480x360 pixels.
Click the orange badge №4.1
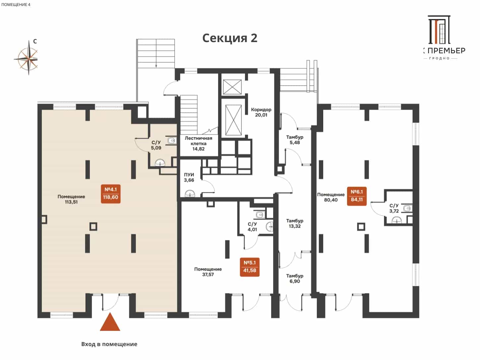pos(111,194)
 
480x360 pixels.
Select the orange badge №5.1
pos(250,267)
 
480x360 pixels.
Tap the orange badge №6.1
pos(357,196)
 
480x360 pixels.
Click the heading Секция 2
pos(230,38)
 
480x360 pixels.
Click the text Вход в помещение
pos(109,344)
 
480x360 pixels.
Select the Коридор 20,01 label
pos(261,112)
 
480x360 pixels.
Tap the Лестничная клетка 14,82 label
pos(198,144)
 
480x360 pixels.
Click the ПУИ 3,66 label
pos(189,177)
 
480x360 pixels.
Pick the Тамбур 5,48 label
pos(295,140)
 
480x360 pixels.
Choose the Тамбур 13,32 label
pos(295,223)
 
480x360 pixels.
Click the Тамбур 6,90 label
pos(295,278)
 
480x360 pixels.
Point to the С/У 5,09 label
pos(156,145)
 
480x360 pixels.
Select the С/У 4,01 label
pos(252,227)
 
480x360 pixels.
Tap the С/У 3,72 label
pos(394,208)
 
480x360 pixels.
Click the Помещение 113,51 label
pos(71,199)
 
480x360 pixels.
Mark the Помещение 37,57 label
pos(208,272)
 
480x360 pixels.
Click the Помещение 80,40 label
pos(331,197)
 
